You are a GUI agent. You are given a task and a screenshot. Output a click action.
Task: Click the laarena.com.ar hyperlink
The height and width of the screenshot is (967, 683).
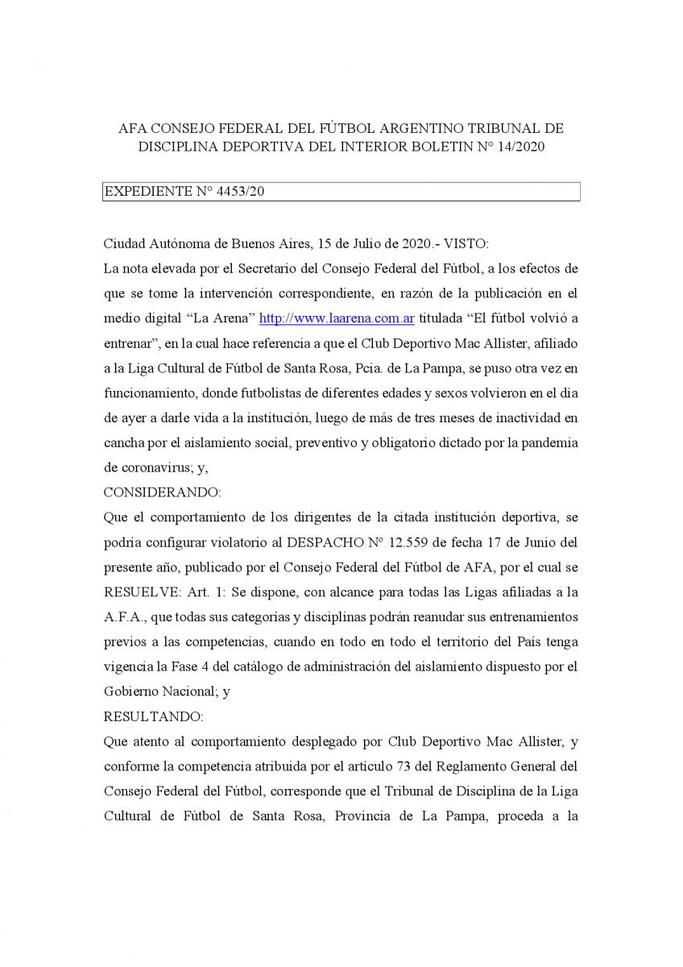pos(337,318)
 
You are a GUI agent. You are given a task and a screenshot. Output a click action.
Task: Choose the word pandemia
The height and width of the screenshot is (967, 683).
pos(552,443)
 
